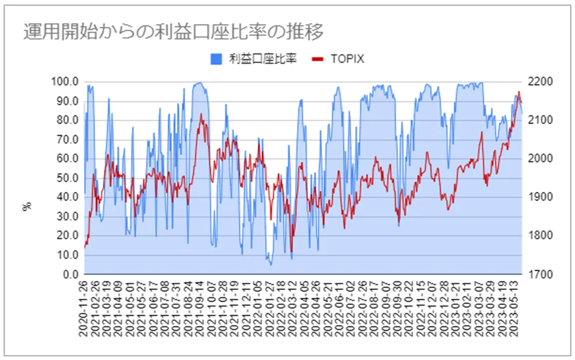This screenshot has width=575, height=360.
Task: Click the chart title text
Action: (x=173, y=31)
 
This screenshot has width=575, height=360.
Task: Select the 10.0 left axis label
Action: (x=67, y=255)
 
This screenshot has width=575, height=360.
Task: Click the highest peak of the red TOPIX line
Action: (x=519, y=92)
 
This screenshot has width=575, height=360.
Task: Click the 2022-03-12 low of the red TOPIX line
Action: (x=291, y=252)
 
